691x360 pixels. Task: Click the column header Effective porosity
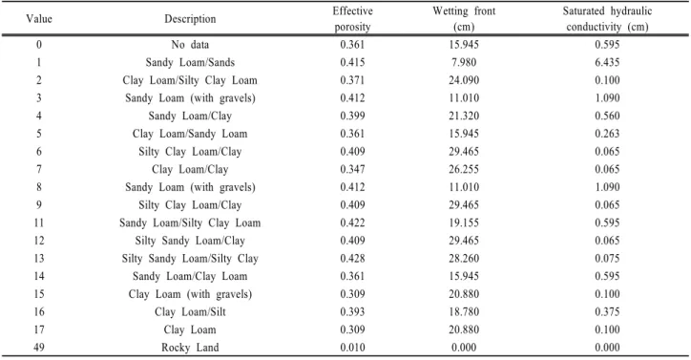pyautogui.click(x=352, y=18)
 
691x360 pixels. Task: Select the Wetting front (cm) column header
pyautogui.click(x=464, y=18)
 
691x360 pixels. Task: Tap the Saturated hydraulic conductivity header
pyautogui.click(x=607, y=18)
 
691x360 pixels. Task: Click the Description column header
pyautogui.click(x=190, y=19)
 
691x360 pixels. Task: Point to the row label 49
pyautogui.click(x=39, y=348)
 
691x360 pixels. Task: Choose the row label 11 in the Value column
pyautogui.click(x=39, y=222)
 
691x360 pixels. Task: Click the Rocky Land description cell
pyautogui.click(x=190, y=348)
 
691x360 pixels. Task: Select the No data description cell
pyautogui.click(x=190, y=45)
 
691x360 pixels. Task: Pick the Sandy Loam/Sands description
pyautogui.click(x=190, y=63)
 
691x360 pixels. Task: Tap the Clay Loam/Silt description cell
pyautogui.click(x=190, y=312)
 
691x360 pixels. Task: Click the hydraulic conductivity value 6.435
pyautogui.click(x=607, y=62)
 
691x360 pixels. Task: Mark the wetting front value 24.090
pyautogui.click(x=464, y=80)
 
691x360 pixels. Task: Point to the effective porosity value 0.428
pyautogui.click(x=352, y=258)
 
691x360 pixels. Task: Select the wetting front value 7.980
pyautogui.click(x=464, y=62)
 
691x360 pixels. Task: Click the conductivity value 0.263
pyautogui.click(x=607, y=134)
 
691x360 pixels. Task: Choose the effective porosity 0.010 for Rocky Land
pyautogui.click(x=352, y=348)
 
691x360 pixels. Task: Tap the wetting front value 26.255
pyautogui.click(x=464, y=169)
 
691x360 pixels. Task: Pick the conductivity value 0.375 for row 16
pyautogui.click(x=607, y=311)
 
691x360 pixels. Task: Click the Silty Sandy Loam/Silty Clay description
pyautogui.click(x=190, y=259)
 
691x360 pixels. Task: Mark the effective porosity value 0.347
pyautogui.click(x=352, y=169)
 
